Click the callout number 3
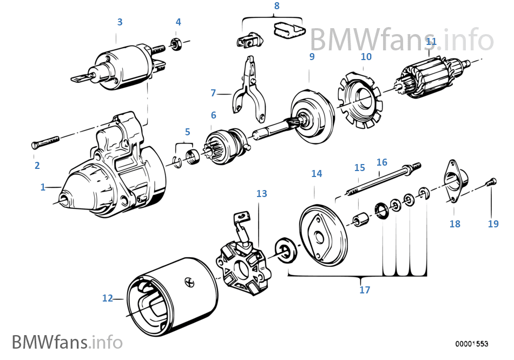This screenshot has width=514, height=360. [120, 22]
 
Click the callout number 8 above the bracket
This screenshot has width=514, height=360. [276, 6]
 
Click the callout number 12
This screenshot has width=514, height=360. [108, 297]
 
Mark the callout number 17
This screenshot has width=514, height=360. [365, 290]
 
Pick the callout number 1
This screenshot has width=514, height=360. [43, 187]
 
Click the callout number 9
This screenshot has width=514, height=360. [312, 56]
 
